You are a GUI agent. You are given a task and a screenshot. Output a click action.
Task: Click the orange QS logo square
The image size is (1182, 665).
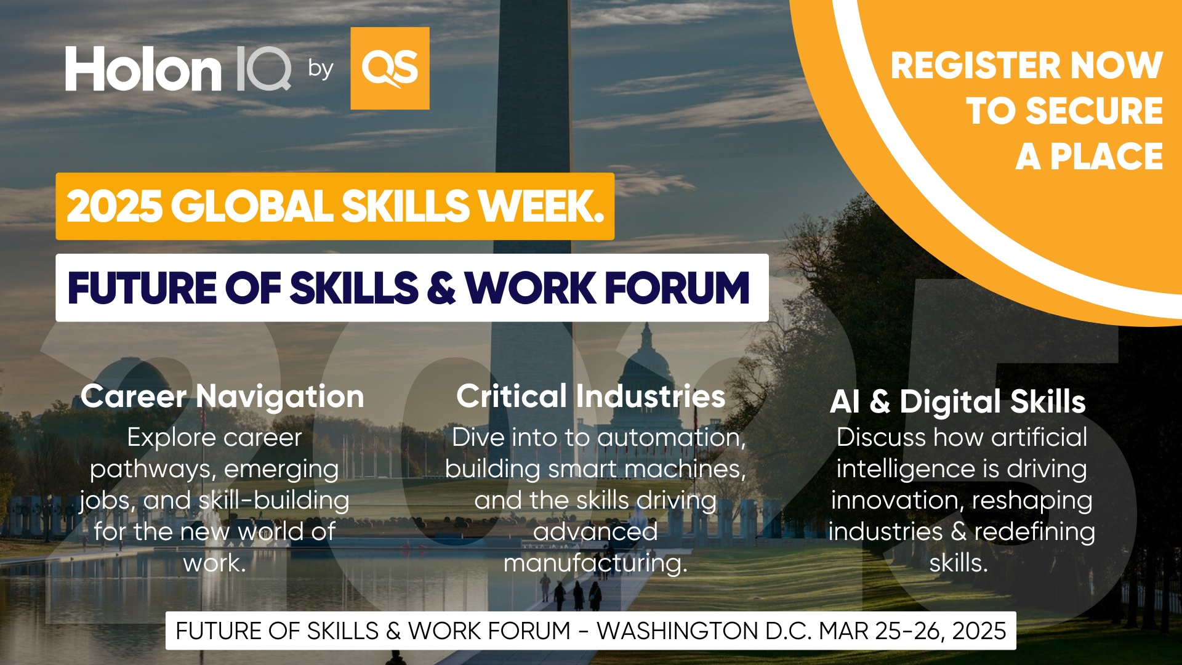390,68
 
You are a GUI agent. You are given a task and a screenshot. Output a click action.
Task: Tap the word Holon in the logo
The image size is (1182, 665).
143,70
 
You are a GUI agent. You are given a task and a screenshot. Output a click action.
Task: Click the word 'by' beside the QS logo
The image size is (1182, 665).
321,69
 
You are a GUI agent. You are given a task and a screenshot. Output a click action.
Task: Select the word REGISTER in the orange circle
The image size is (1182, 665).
975,65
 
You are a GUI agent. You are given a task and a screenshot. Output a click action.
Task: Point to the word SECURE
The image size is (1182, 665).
1095,111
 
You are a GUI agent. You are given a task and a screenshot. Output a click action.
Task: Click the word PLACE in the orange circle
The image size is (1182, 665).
1106,156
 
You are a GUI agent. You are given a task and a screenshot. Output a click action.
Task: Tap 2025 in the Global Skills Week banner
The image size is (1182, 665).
115,206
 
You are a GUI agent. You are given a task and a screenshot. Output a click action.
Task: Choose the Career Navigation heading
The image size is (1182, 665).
222,397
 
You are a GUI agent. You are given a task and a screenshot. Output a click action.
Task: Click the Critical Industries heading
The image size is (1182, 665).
591,396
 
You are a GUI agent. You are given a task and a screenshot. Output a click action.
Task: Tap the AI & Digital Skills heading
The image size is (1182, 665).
958,401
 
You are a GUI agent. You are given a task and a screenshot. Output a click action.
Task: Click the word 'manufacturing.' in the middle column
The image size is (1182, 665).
595,563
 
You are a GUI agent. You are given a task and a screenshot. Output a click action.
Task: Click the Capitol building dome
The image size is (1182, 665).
646,363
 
